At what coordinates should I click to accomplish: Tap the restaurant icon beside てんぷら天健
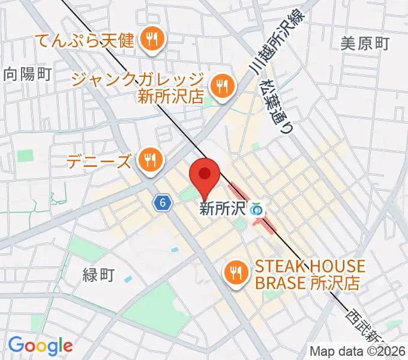click(x=150, y=40)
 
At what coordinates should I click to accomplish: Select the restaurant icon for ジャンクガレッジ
click(x=222, y=86)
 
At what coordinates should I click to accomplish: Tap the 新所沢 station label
click(x=223, y=209)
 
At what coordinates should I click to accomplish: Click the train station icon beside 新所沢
click(x=257, y=209)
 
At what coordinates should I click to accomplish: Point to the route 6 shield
click(x=161, y=203)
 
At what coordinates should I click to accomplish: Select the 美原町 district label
click(x=365, y=43)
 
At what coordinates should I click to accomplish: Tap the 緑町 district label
click(x=98, y=275)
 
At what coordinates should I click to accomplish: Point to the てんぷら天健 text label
click(x=86, y=41)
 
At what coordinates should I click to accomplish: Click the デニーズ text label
click(x=100, y=161)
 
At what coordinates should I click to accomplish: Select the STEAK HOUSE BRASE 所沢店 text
click(x=310, y=274)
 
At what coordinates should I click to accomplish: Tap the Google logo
click(x=40, y=346)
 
